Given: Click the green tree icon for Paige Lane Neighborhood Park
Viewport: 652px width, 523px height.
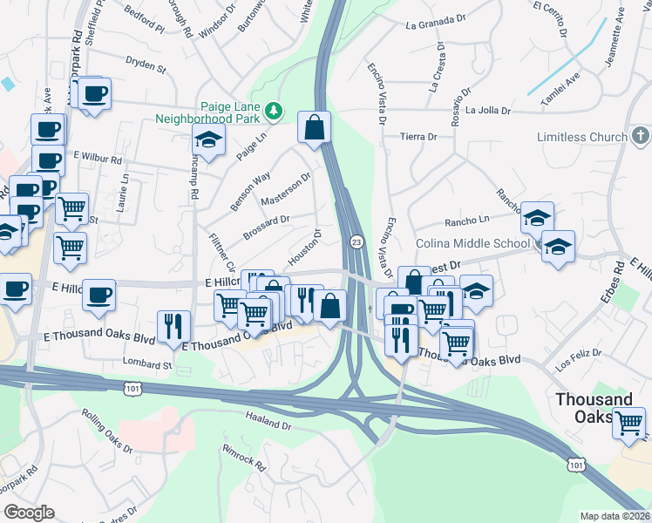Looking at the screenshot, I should pyautogui.click(x=275, y=111).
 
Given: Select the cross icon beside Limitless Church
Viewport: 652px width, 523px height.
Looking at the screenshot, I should pyautogui.click(x=641, y=136).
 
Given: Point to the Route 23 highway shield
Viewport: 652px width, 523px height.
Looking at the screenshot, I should pyautogui.click(x=357, y=241).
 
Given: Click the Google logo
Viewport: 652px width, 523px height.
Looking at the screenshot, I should pyautogui.click(x=29, y=513).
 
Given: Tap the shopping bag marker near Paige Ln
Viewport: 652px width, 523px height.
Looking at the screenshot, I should pyautogui.click(x=314, y=127).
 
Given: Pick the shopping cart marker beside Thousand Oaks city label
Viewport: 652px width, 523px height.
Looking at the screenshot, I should pyautogui.click(x=628, y=424).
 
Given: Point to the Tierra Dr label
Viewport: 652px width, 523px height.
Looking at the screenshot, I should pyautogui.click(x=418, y=137).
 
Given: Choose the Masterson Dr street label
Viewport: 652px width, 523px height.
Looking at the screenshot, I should pyautogui.click(x=286, y=190).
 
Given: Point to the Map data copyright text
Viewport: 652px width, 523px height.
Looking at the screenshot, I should pyautogui.click(x=615, y=516).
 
